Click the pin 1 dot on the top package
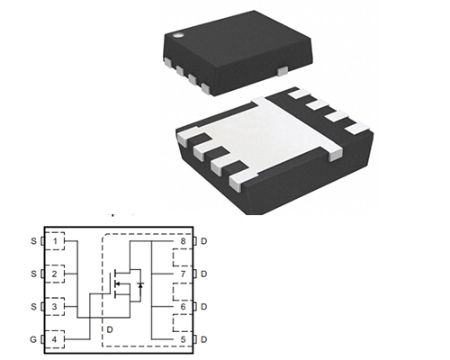click(x=179, y=35)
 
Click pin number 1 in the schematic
click(x=55, y=241)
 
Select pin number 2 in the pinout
click(x=54, y=274)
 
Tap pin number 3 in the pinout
click(x=54, y=307)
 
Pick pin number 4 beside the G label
click(x=54, y=339)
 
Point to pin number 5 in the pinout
click(x=183, y=339)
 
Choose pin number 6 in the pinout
click(x=183, y=307)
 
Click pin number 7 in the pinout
click(x=183, y=274)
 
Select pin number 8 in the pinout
click(x=183, y=241)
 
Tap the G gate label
click(x=33, y=339)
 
